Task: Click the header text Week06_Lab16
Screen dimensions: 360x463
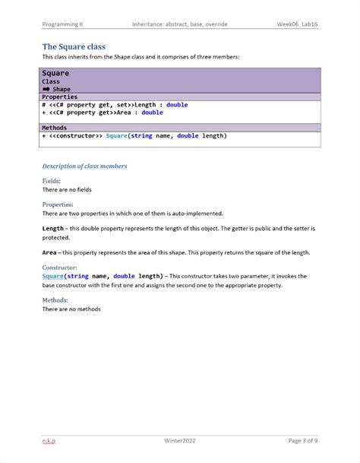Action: click(297, 24)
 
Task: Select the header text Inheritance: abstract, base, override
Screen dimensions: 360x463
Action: click(179, 24)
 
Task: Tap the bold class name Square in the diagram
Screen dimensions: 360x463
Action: click(55, 73)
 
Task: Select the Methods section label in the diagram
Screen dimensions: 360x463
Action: click(54, 128)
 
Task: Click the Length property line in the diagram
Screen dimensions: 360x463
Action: click(115, 105)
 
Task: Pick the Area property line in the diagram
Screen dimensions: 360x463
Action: click(103, 113)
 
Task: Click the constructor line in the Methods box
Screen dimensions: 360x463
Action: click(134, 136)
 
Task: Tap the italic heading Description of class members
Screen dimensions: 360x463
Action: click(84, 166)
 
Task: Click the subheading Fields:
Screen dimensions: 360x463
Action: click(52, 181)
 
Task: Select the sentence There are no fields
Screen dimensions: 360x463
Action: click(67, 189)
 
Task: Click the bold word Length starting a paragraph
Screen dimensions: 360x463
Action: click(53, 228)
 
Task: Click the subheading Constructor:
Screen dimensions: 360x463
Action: click(59, 268)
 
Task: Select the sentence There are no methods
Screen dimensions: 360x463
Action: click(71, 309)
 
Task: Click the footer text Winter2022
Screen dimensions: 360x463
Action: click(179, 440)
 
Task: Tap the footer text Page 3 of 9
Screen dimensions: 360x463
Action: click(303, 440)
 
